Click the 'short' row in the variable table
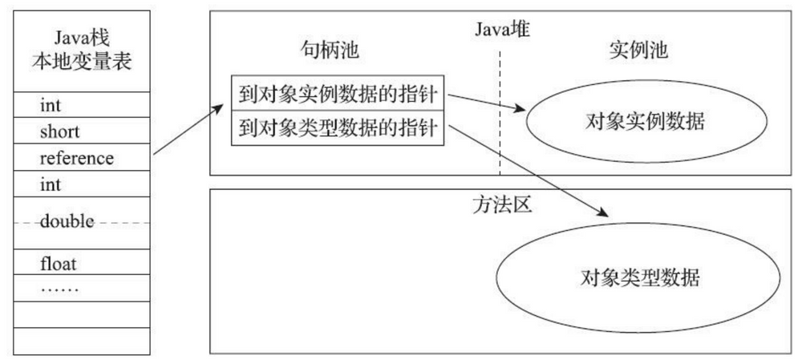59,131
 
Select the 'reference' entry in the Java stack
76,158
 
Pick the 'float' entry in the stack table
58,262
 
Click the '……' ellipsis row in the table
59,286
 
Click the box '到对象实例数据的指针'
338,95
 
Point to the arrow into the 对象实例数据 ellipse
486,104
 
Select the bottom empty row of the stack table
83,341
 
